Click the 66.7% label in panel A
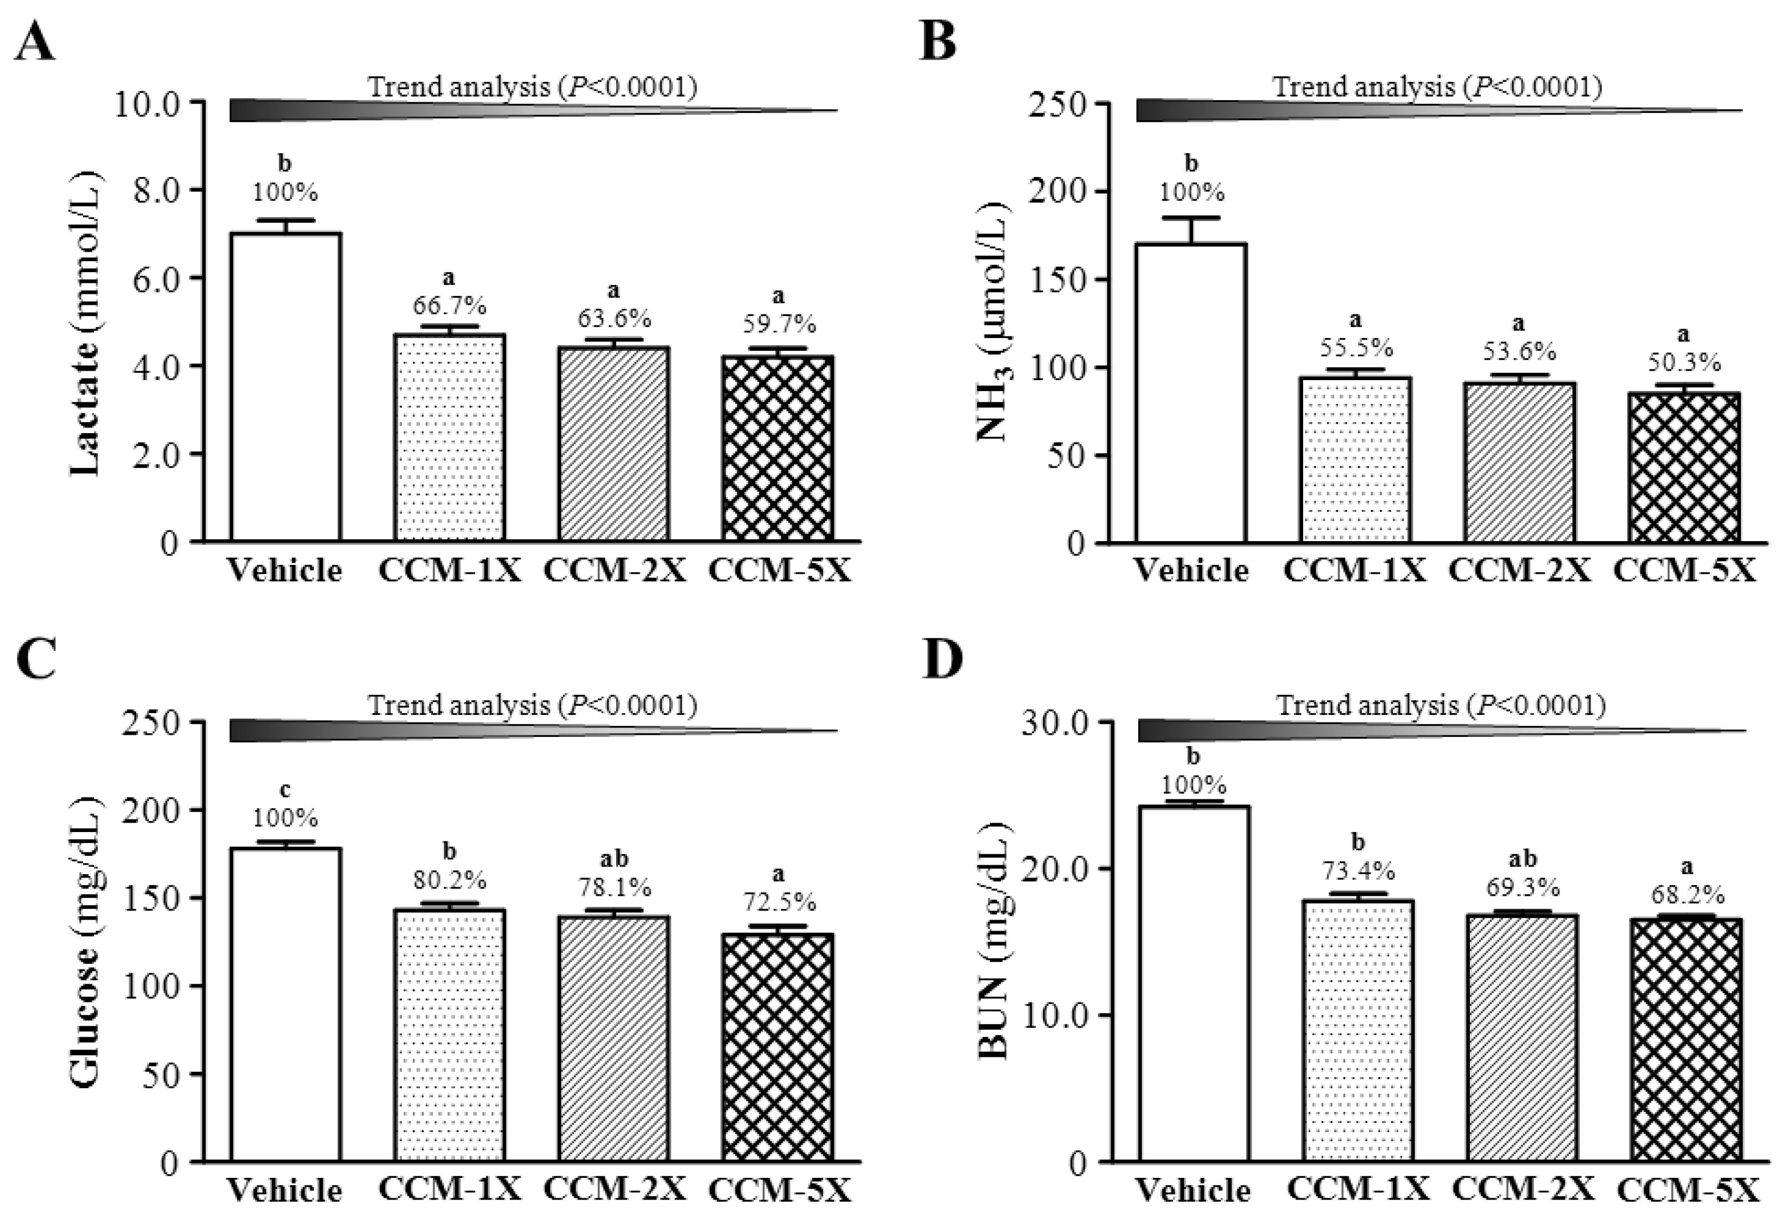coord(450,306)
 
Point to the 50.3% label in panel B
coord(1683,362)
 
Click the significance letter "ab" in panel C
coord(613,858)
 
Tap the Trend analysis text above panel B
coord(1437,87)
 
